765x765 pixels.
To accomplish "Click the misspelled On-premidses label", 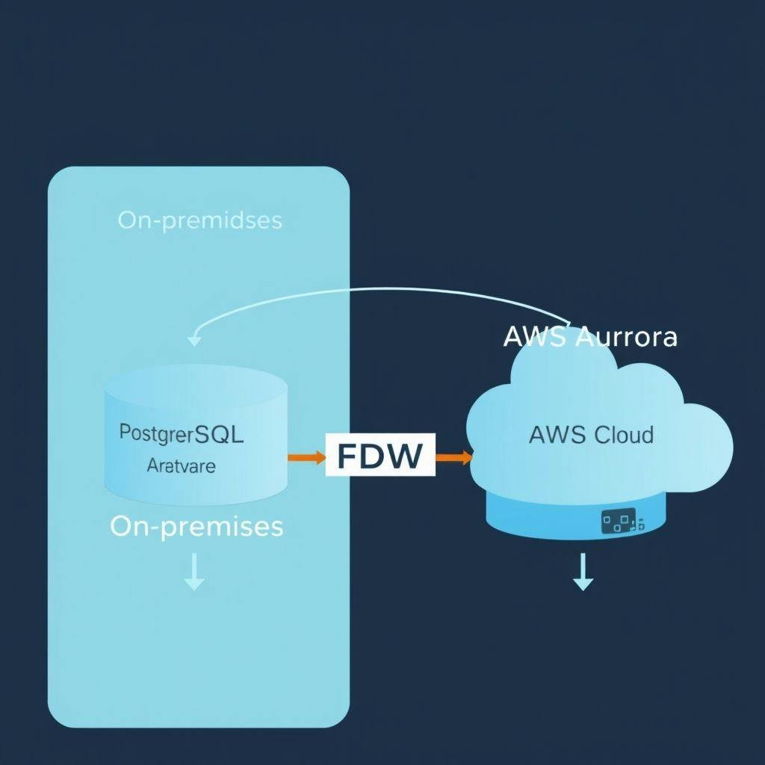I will point(199,220).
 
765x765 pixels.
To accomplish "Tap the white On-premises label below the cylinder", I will point(196,526).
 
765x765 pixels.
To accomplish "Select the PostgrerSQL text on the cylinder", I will point(182,435).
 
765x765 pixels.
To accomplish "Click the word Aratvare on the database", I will point(182,466).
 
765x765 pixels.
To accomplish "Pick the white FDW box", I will point(380,455).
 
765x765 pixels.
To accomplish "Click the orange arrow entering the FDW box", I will point(306,456).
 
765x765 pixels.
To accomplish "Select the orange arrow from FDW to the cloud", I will point(453,456).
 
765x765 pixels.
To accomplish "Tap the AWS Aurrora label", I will point(590,336).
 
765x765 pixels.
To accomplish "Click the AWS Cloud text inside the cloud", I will point(591,434).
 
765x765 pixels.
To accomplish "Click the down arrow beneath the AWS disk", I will point(583,575).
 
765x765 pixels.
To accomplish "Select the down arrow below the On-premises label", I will point(194,574).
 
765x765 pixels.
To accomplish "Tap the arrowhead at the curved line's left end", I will point(194,340).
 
